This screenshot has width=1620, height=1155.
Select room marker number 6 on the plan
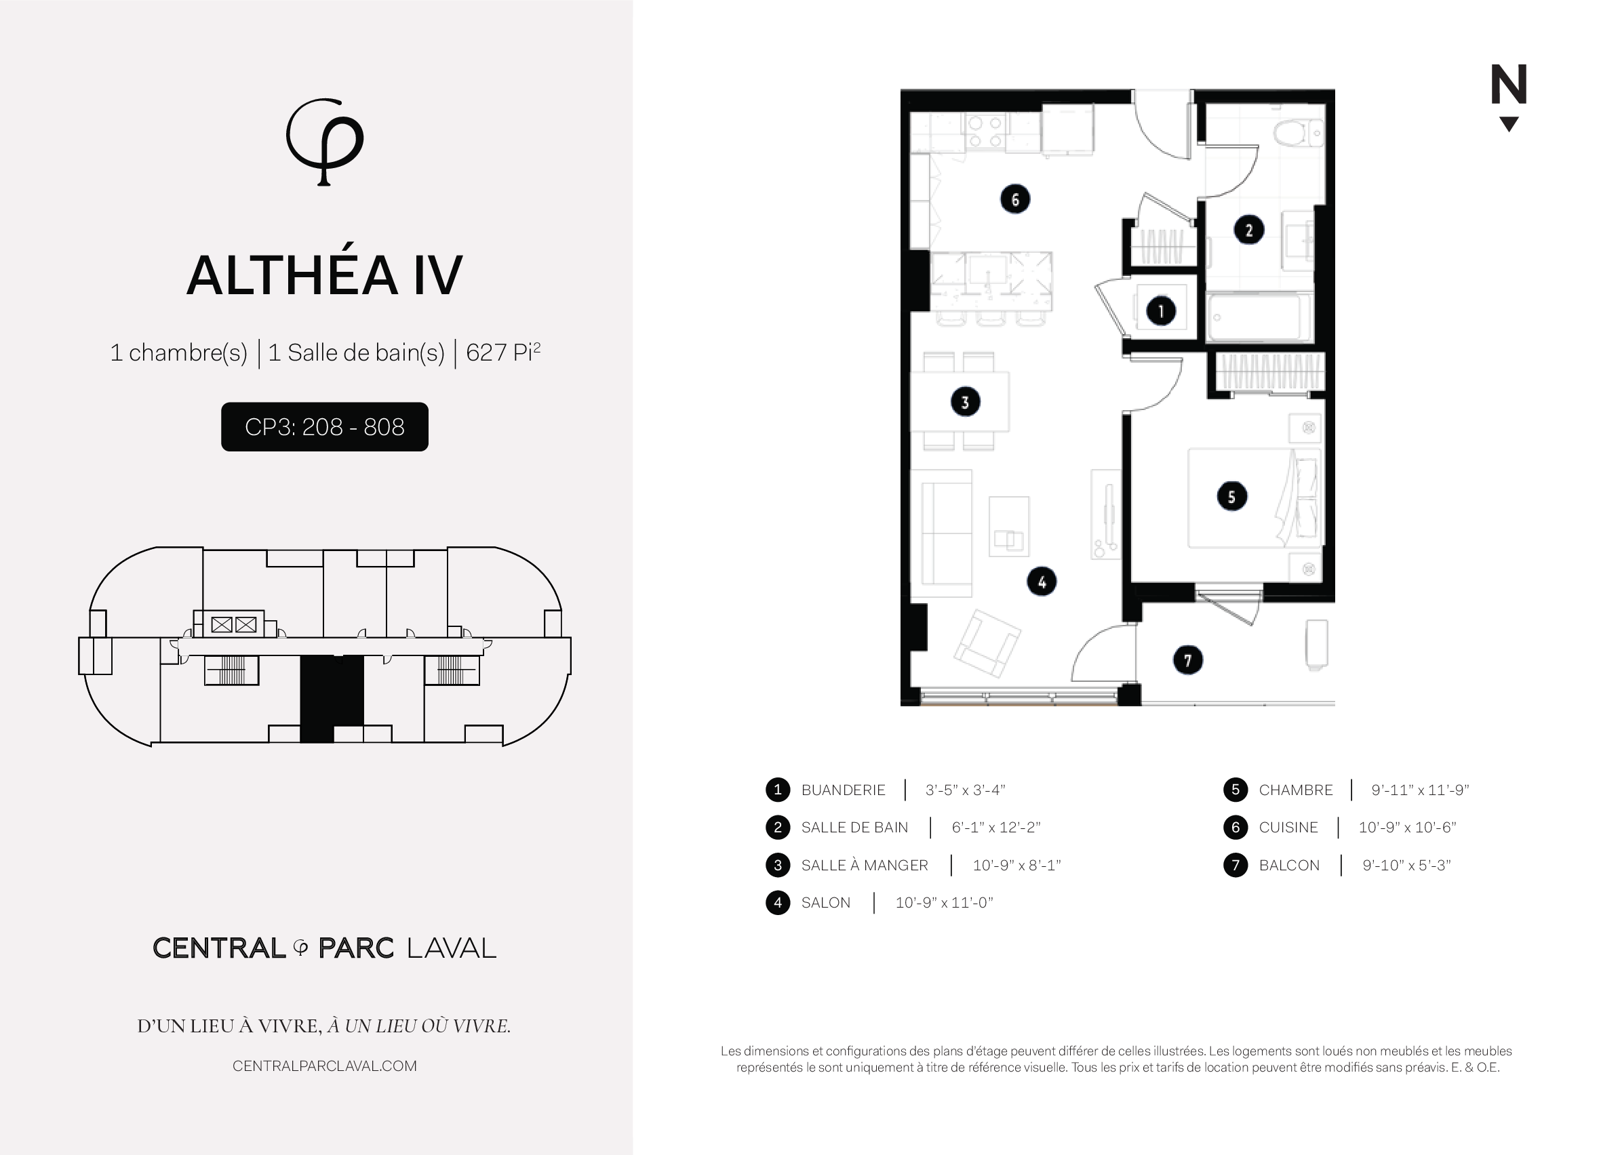1014,199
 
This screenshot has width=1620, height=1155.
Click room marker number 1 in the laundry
1161,311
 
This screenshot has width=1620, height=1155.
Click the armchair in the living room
987,643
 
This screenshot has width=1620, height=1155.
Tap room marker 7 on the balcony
1187,660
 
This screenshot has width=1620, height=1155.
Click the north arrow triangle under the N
1508,124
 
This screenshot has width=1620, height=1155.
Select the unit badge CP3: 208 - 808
324,427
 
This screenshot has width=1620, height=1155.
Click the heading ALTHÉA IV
324,276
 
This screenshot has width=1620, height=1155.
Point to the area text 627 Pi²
503,352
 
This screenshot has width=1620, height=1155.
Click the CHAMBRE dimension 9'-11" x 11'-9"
1420,790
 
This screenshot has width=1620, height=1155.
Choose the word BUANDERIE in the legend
843,790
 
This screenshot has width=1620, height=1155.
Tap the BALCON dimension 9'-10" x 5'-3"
1406,865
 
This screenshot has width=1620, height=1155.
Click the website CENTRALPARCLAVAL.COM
324,1066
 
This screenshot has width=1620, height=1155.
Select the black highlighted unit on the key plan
332,699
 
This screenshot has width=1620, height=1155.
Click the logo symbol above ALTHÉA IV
324,142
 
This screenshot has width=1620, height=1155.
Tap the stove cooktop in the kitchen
985,131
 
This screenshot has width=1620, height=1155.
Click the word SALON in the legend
825,903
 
